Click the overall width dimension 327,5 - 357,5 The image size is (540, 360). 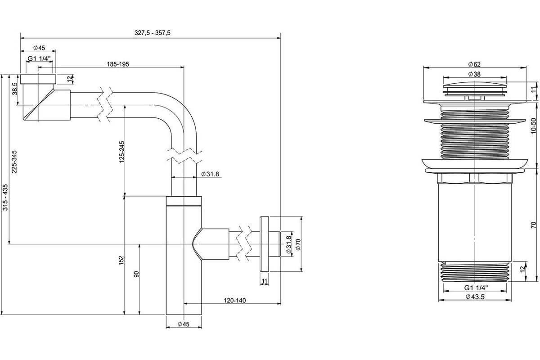(153, 33)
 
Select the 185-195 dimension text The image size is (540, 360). (118, 64)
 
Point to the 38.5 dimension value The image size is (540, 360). (15, 89)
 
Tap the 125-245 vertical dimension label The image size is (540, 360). (122, 152)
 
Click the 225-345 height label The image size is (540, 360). (14, 162)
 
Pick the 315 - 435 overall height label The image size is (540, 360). (5, 197)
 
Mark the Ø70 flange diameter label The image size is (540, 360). (298, 244)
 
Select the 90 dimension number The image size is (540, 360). (136, 274)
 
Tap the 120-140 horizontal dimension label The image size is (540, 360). (235, 301)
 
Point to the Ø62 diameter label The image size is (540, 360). (474, 64)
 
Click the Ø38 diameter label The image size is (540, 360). (474, 74)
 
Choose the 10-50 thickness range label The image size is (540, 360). (533, 126)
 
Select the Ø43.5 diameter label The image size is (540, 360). (475, 297)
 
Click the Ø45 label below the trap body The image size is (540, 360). (184, 324)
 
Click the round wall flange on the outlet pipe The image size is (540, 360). (264, 244)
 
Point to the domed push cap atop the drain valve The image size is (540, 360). (475, 85)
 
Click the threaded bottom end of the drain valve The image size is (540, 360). (474, 272)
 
